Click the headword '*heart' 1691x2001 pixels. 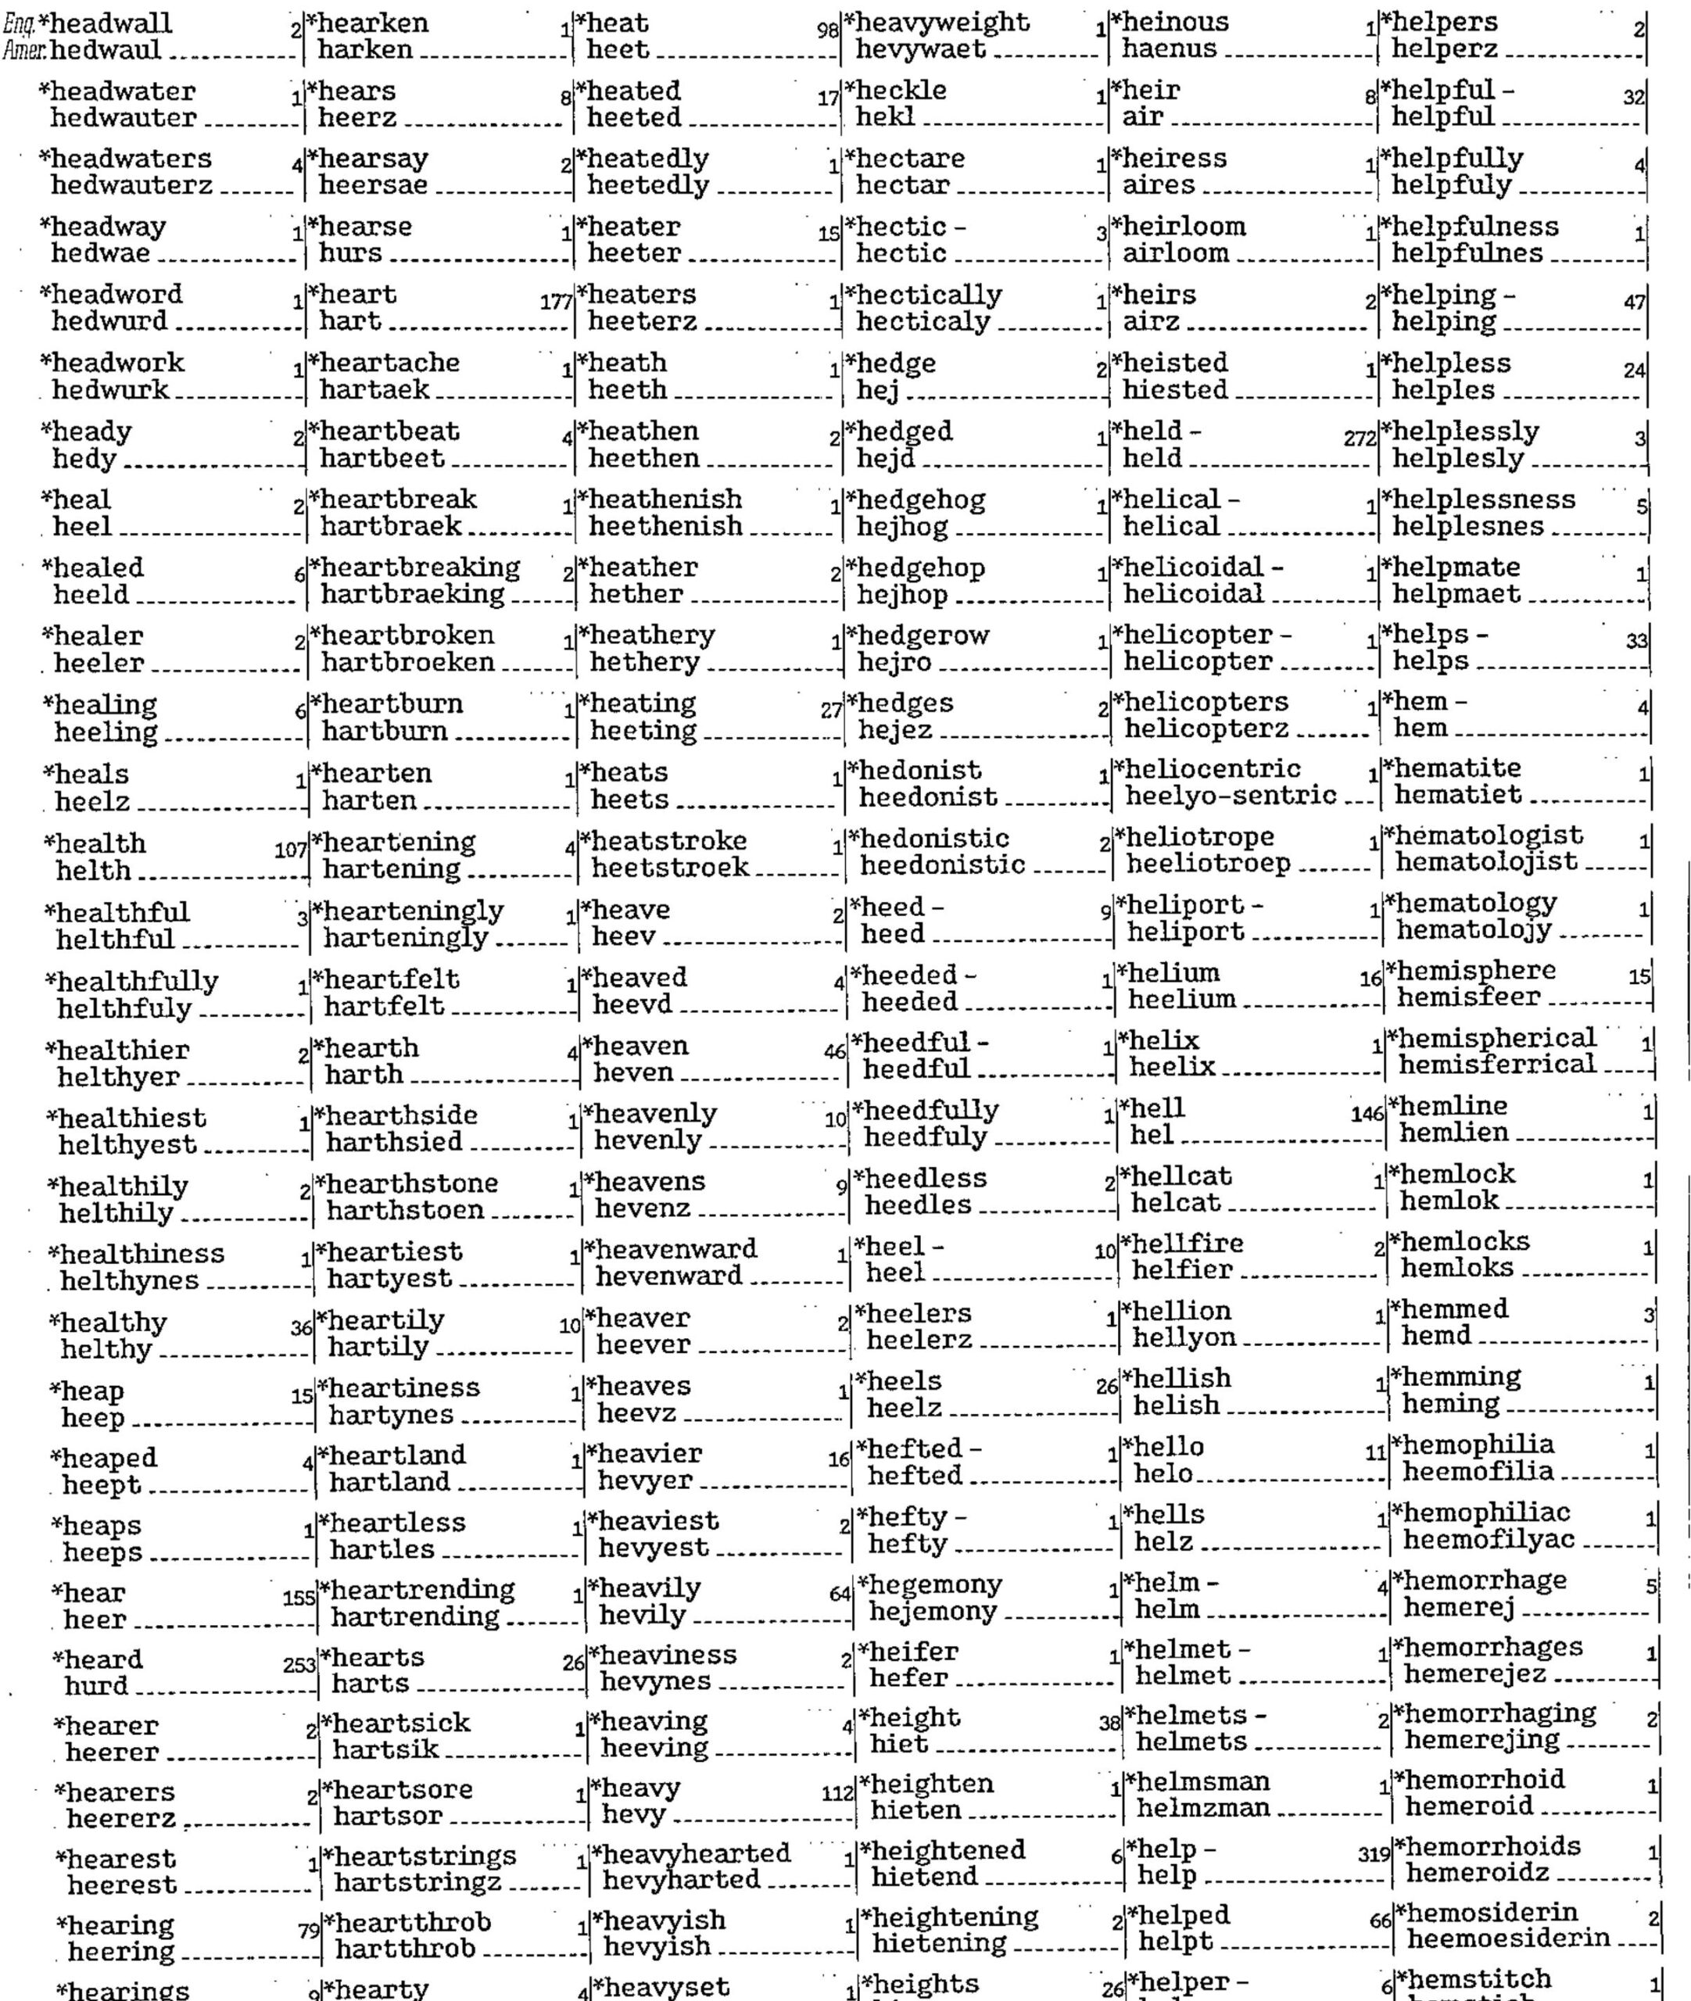[356, 294]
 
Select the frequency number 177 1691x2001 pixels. [556, 302]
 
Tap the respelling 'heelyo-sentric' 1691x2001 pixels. [1230, 796]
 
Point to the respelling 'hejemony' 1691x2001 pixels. [932, 1611]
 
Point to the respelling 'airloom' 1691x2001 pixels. [1175, 253]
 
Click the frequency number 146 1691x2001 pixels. [1367, 1115]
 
